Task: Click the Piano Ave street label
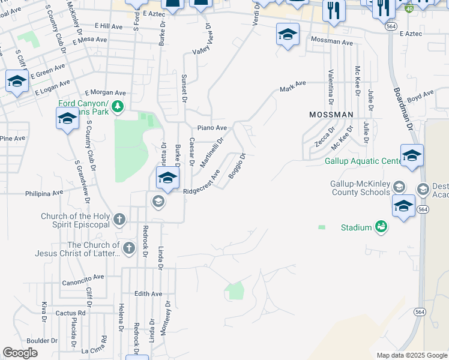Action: point(212,128)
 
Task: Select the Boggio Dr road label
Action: point(237,166)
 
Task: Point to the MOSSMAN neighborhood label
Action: point(331,114)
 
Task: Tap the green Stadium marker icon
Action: point(381,227)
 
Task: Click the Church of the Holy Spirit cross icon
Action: point(119,220)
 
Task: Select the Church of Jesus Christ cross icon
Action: point(128,248)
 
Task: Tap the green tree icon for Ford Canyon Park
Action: point(118,107)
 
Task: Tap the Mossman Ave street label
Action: point(332,43)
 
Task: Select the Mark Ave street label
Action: point(293,86)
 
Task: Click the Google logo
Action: point(20,353)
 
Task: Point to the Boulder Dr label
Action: point(42,340)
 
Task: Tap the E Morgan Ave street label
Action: point(105,93)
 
